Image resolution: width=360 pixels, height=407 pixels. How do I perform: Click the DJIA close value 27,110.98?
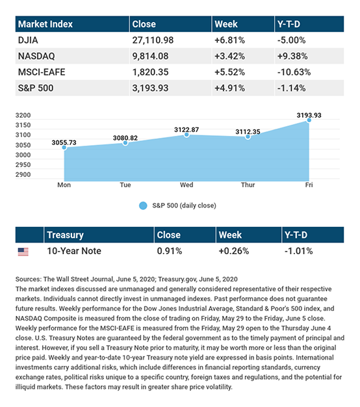(153, 40)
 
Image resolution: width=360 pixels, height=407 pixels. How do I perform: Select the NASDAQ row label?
(36, 56)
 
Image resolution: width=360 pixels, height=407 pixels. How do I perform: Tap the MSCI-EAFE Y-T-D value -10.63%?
(294, 72)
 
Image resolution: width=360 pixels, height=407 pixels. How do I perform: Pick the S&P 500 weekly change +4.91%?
(229, 88)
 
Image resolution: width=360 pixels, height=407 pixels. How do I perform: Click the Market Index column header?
(45, 24)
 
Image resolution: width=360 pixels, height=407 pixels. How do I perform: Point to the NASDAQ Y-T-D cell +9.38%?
(292, 56)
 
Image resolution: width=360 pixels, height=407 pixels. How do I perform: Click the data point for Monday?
(64, 148)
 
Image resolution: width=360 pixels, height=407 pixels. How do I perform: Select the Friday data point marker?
(309, 120)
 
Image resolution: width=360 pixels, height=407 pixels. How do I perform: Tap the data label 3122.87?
(186, 129)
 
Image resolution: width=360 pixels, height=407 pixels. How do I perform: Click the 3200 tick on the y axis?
(23, 115)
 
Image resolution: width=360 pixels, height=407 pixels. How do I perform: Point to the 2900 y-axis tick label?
(23, 175)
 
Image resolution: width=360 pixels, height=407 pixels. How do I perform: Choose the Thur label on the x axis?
(248, 185)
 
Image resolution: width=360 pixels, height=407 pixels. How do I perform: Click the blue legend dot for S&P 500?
(143, 205)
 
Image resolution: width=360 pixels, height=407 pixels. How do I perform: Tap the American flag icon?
(23, 252)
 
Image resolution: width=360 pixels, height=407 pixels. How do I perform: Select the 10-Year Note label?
(74, 251)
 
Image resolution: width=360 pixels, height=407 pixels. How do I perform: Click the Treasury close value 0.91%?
(170, 251)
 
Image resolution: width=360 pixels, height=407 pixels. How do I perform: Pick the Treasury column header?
(66, 235)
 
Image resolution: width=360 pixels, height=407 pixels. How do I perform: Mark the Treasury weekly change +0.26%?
(234, 251)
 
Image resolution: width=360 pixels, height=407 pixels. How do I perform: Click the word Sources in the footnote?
(29, 280)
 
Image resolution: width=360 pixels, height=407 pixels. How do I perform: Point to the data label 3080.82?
(125, 138)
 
